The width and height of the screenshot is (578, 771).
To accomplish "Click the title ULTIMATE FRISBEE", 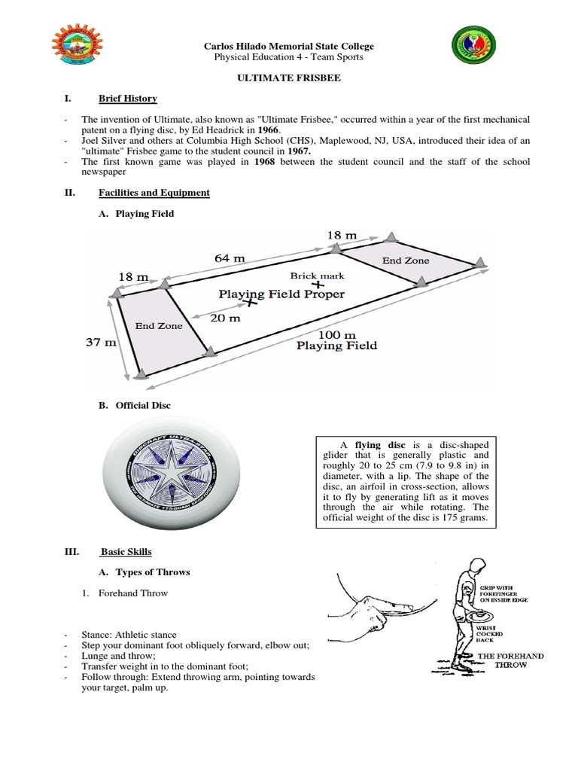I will (288, 78).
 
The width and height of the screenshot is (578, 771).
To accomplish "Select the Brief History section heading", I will (127, 99).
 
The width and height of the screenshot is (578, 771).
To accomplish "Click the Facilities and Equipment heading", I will (154, 193).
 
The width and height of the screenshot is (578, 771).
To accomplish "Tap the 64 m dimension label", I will (230, 258).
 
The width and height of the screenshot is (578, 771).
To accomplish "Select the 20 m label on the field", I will (224, 318).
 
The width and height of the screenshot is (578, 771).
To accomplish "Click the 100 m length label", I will (336, 334).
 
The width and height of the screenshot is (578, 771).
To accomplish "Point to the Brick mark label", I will (317, 276).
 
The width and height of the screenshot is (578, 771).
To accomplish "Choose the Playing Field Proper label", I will (281, 294).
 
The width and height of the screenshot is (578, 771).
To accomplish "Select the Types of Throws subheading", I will (152, 572).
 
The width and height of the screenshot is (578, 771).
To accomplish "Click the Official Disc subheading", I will (143, 405).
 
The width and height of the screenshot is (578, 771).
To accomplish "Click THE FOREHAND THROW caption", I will (510, 661).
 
